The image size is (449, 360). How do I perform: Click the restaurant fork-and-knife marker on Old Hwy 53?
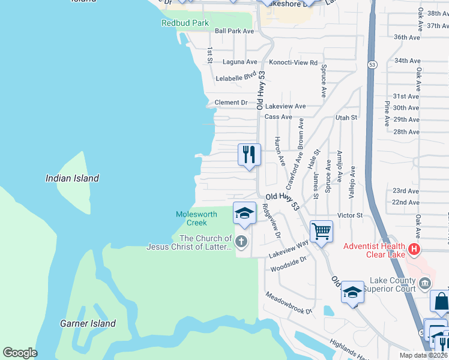[x=249, y=155]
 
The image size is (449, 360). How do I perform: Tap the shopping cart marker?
[x=322, y=231]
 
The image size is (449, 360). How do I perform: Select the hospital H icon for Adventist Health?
[x=413, y=248]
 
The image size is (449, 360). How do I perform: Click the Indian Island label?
[x=72, y=178]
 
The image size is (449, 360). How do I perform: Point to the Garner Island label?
[x=88, y=323]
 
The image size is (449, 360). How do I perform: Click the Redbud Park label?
[x=185, y=23]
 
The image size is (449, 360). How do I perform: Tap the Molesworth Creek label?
[x=192, y=218]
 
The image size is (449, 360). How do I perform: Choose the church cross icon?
[x=241, y=242]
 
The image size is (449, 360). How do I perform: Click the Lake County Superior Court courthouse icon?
[x=424, y=283]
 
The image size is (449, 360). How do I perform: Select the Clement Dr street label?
[x=231, y=103]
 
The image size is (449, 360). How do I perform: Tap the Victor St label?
[x=350, y=215]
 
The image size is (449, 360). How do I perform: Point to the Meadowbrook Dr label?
[x=290, y=303]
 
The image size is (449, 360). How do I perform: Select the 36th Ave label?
[x=406, y=37]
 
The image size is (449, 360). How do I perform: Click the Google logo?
[x=20, y=353]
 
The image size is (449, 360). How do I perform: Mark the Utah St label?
[x=346, y=118]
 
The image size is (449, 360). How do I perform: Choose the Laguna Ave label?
[x=240, y=61]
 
